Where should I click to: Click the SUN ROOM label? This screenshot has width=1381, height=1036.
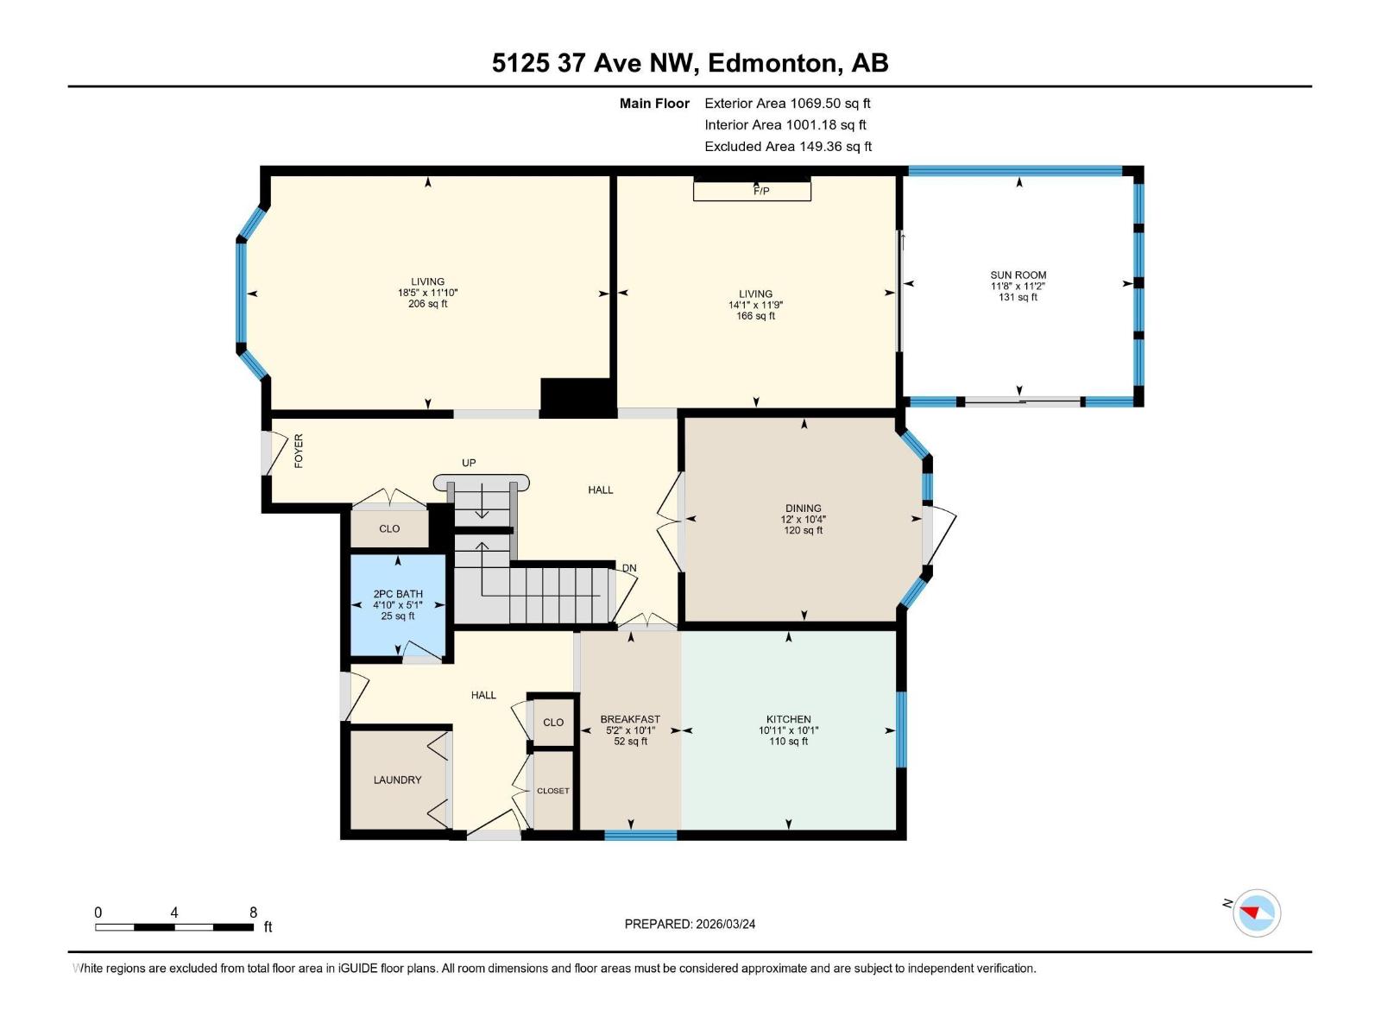click(1018, 275)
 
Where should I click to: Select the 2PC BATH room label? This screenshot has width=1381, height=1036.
click(398, 594)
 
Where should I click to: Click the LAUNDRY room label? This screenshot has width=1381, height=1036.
click(397, 780)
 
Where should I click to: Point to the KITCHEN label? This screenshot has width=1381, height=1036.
click(788, 719)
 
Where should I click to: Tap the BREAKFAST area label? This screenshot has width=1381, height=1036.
click(630, 719)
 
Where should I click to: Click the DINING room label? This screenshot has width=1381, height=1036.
click(803, 509)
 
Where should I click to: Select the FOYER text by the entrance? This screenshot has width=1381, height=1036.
click(299, 451)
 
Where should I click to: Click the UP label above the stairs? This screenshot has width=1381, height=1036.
click(469, 463)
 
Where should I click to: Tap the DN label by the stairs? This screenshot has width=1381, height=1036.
click(629, 568)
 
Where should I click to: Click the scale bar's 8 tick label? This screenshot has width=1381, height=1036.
click(253, 913)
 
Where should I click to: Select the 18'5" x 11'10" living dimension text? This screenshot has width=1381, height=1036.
click(427, 293)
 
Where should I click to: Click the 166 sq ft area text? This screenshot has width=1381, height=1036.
click(755, 316)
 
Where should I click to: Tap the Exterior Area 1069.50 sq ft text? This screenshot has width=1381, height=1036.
click(787, 103)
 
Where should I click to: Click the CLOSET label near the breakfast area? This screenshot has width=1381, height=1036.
click(552, 791)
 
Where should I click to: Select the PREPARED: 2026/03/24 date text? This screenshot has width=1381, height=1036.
click(690, 924)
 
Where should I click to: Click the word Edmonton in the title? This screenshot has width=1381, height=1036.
click(774, 63)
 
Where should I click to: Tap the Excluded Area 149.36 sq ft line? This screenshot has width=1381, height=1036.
click(787, 146)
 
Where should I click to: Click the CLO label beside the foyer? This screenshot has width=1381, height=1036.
click(389, 528)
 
